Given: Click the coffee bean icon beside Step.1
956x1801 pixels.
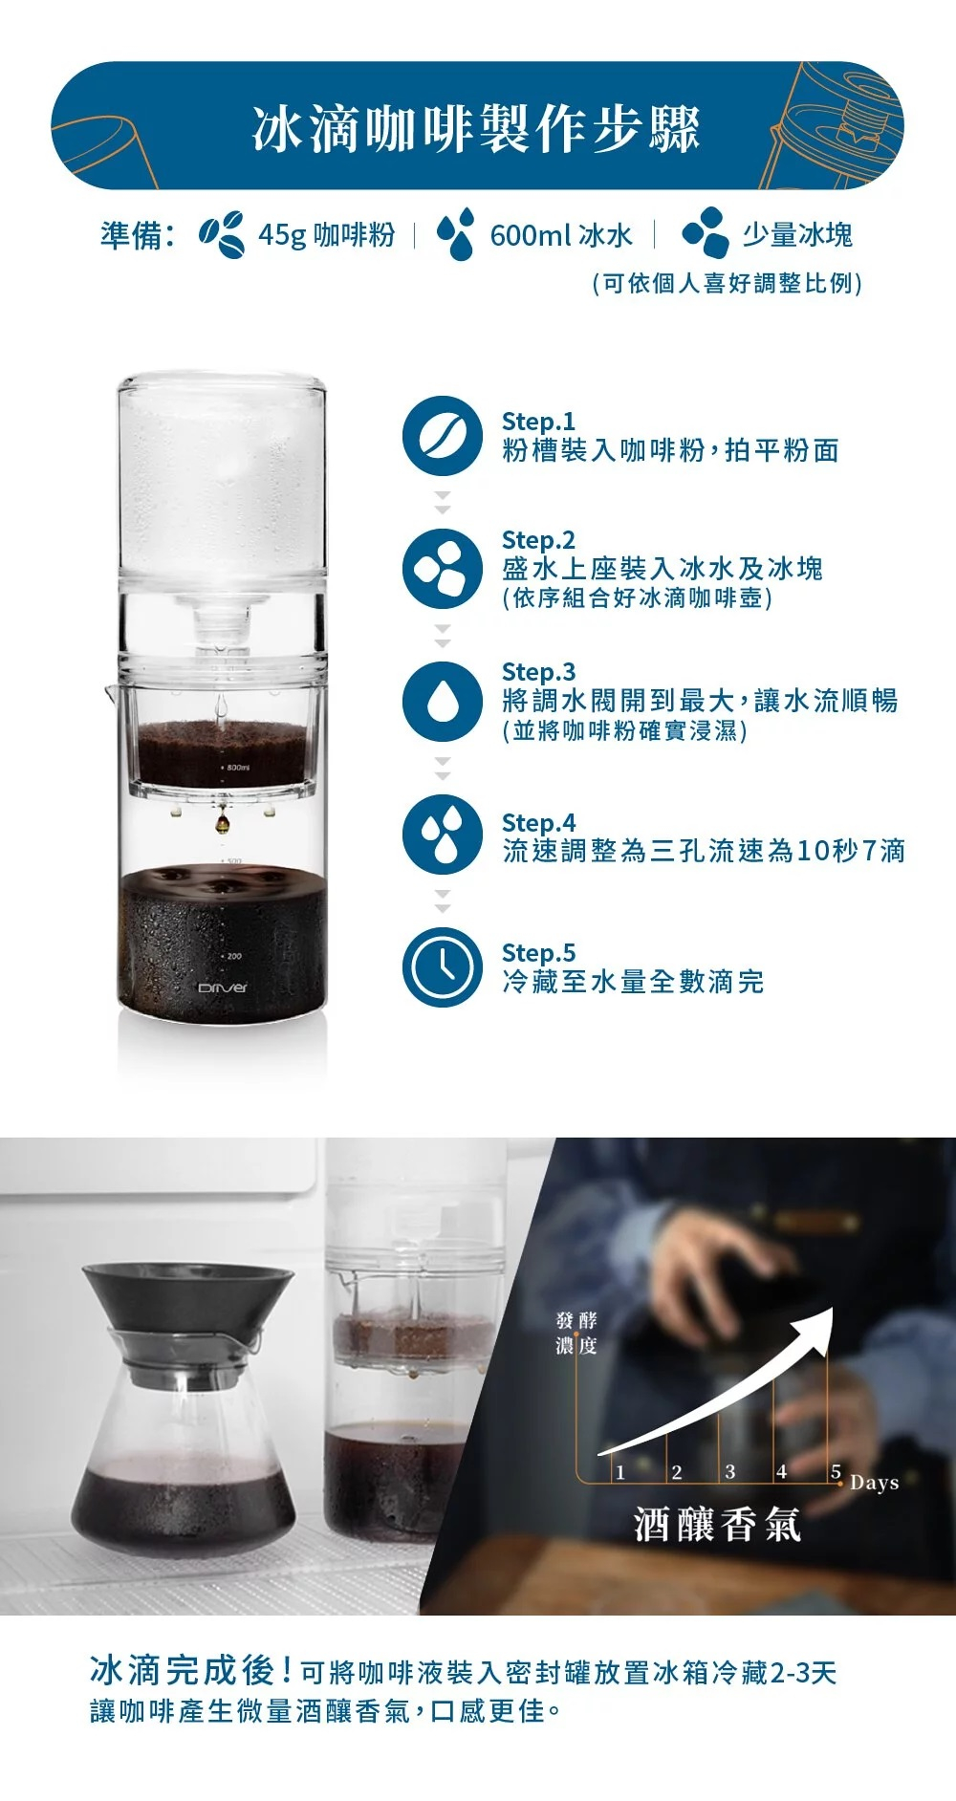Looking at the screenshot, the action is (442, 436).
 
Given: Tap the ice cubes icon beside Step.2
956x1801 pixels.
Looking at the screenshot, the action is (442, 568).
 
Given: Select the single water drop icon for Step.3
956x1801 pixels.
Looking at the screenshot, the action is (442, 702).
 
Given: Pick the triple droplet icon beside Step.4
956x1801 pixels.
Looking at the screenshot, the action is (442, 834).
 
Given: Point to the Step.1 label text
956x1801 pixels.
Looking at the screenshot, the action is (538, 422).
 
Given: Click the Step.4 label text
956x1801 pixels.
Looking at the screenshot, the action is (538, 823).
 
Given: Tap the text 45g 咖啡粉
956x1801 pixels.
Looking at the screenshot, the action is (326, 235).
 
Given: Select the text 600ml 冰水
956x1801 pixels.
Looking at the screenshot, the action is (561, 235).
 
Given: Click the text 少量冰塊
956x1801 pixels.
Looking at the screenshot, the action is (797, 235).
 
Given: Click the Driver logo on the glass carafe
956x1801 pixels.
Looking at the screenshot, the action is (222, 987).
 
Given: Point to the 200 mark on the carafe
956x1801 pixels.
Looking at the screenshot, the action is (232, 956).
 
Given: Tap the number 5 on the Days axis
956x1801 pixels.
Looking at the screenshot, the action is (836, 1471).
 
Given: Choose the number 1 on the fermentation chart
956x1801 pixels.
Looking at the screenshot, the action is (619, 1472).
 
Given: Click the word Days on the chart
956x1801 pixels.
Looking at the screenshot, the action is (874, 1483).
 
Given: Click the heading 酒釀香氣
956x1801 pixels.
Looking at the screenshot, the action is (717, 1524).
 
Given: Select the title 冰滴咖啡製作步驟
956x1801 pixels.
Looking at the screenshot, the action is (476, 128).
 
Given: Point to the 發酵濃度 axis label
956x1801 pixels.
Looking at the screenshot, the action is (576, 1333).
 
